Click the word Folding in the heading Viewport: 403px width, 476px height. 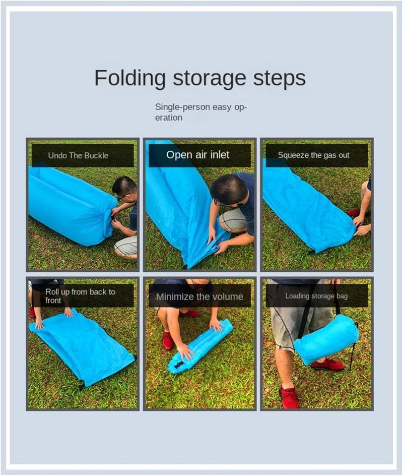[130, 79]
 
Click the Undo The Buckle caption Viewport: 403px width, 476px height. [78, 155]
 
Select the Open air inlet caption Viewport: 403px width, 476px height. [198, 155]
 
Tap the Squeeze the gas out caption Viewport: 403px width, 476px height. [313, 155]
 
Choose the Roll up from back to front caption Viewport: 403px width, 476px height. [80, 296]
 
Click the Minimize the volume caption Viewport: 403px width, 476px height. [199, 296]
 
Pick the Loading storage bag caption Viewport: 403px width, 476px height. [316, 296]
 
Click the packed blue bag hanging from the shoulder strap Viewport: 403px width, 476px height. [326, 338]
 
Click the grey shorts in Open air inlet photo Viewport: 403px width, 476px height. [235, 220]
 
